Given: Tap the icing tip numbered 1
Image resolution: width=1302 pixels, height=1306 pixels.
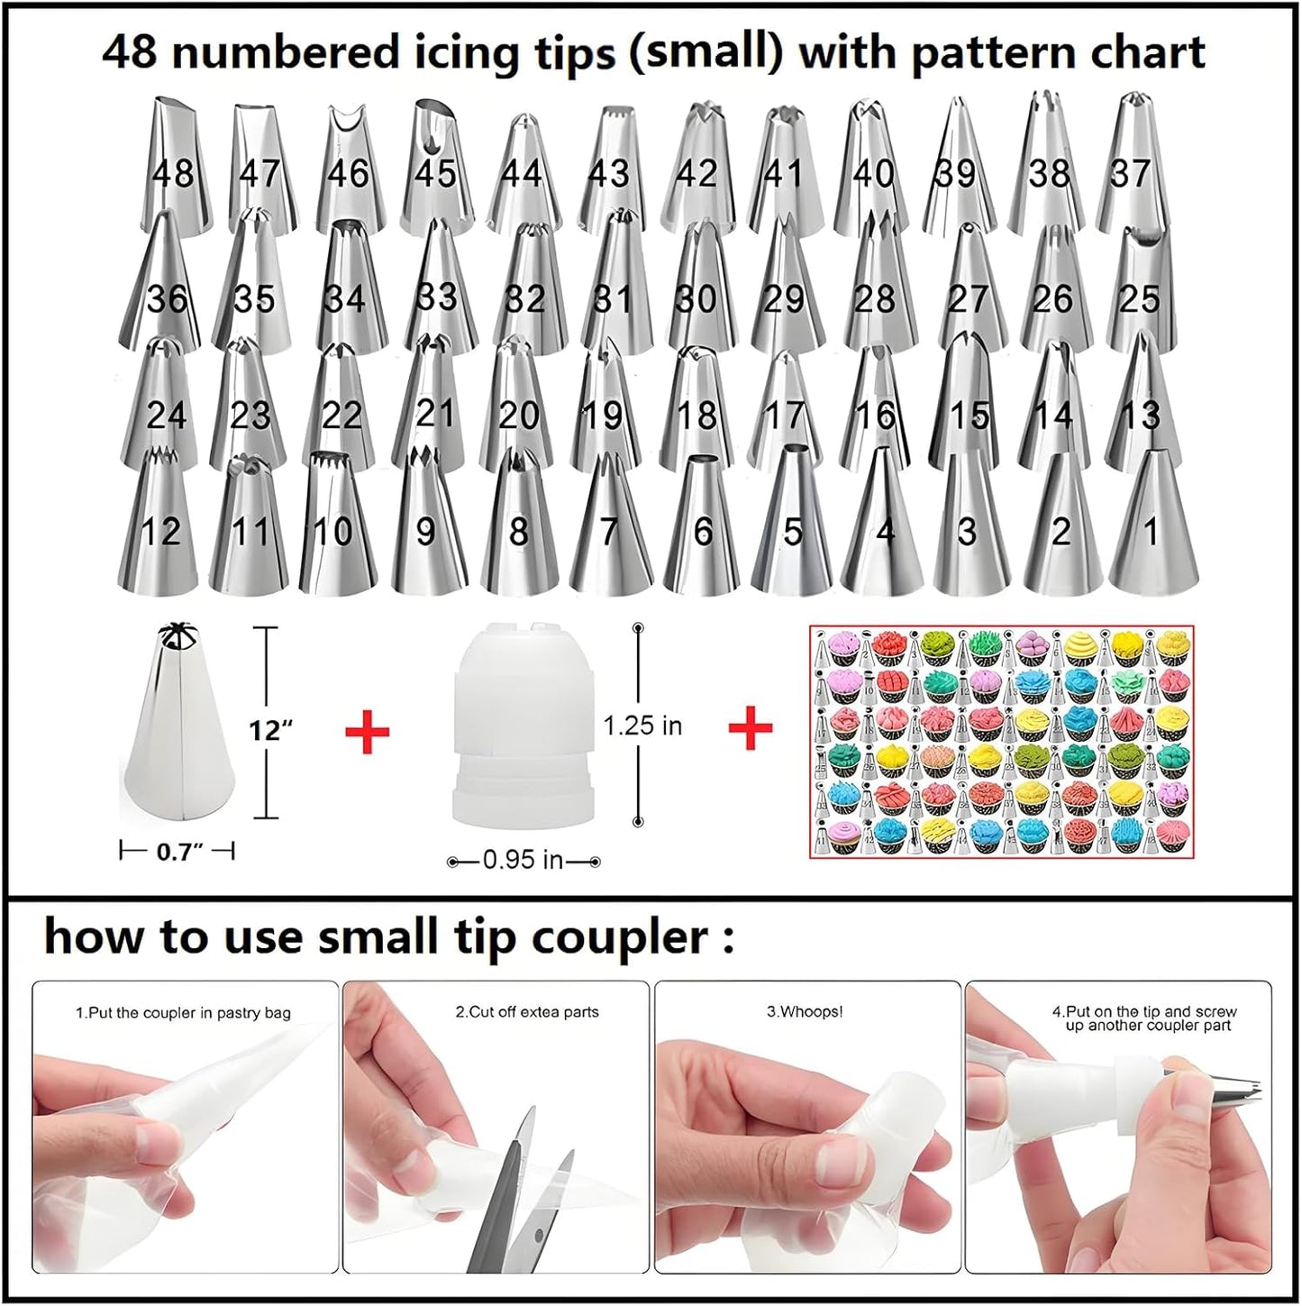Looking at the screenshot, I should (x=1151, y=527).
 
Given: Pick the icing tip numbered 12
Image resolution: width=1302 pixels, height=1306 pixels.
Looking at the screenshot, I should (x=159, y=527).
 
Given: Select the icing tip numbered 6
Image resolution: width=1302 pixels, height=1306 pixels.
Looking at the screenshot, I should (x=703, y=527).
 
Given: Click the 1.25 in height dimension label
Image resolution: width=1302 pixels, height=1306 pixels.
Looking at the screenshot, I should (x=642, y=726).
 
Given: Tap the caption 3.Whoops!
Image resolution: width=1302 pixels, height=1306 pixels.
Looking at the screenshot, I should (x=805, y=1012).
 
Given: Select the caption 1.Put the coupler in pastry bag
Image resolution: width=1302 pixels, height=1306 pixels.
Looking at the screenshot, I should (x=183, y=1013).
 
